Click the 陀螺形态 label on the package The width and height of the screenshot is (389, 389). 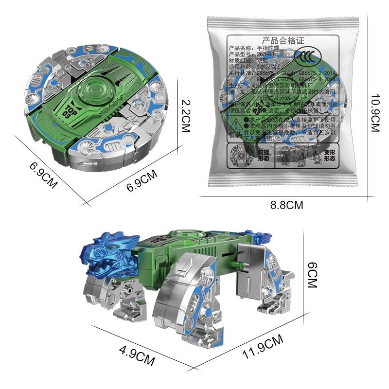pos(263,155)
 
